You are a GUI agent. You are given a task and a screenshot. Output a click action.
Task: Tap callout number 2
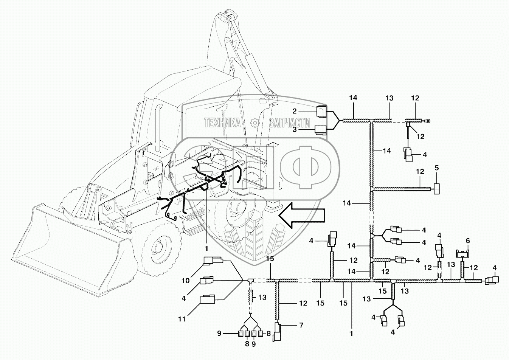click(295, 111)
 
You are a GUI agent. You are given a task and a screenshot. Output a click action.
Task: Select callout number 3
click(295, 130)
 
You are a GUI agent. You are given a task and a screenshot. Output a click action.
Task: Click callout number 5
click(437, 168)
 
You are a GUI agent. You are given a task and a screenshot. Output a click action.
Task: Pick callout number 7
click(301, 326)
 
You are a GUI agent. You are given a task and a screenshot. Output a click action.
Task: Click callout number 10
click(186, 281)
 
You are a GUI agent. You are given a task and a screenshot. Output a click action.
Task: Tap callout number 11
click(182, 319)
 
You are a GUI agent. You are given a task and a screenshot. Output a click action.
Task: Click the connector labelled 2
click(321, 111)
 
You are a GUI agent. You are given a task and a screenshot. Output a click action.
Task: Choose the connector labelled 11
click(207, 299)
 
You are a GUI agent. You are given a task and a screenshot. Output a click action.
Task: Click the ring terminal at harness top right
click(428, 121)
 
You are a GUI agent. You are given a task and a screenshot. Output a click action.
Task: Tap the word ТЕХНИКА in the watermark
click(222, 123)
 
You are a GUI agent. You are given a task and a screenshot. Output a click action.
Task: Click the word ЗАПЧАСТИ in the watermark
click(290, 123)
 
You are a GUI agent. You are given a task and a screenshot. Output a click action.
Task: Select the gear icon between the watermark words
click(255, 123)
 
